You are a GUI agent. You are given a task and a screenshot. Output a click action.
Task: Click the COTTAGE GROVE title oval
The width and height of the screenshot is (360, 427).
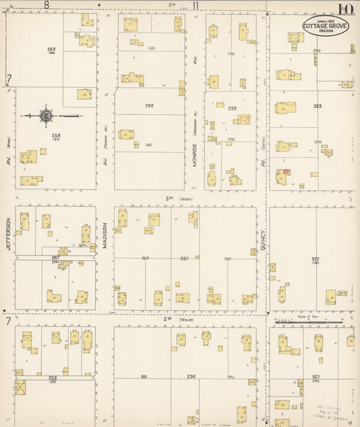click(322, 26)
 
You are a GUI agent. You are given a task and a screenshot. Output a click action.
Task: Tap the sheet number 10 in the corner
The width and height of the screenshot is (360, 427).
click(346, 9)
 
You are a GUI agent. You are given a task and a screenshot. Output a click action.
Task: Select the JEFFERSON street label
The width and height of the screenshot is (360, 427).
click(9, 234)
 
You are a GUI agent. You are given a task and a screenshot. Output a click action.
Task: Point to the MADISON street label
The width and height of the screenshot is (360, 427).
click(105, 234)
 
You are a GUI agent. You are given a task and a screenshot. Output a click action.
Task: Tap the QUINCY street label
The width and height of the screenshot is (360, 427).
click(263, 238)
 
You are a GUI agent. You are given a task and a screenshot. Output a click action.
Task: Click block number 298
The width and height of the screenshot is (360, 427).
click(149, 106)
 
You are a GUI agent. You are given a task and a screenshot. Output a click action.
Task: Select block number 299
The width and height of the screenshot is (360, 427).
click(232, 108)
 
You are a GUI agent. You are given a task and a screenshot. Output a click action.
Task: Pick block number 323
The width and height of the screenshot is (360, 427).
click(317, 106)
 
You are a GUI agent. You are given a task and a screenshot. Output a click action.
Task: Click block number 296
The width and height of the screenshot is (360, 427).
click(191, 376)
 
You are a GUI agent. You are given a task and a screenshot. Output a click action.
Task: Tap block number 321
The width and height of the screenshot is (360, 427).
click(315, 376)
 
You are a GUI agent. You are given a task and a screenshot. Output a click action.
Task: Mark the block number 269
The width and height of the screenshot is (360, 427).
click(51, 50)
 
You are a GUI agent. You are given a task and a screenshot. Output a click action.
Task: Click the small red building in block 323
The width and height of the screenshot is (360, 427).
click(286, 172)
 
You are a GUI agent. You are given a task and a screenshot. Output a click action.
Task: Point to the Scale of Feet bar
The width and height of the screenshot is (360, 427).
click(309, 321)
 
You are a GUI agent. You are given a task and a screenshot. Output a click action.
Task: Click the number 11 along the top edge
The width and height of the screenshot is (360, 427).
click(195, 6)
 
